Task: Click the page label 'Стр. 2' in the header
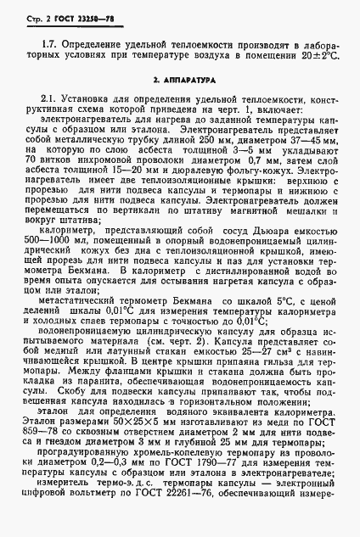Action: [x=31, y=16]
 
